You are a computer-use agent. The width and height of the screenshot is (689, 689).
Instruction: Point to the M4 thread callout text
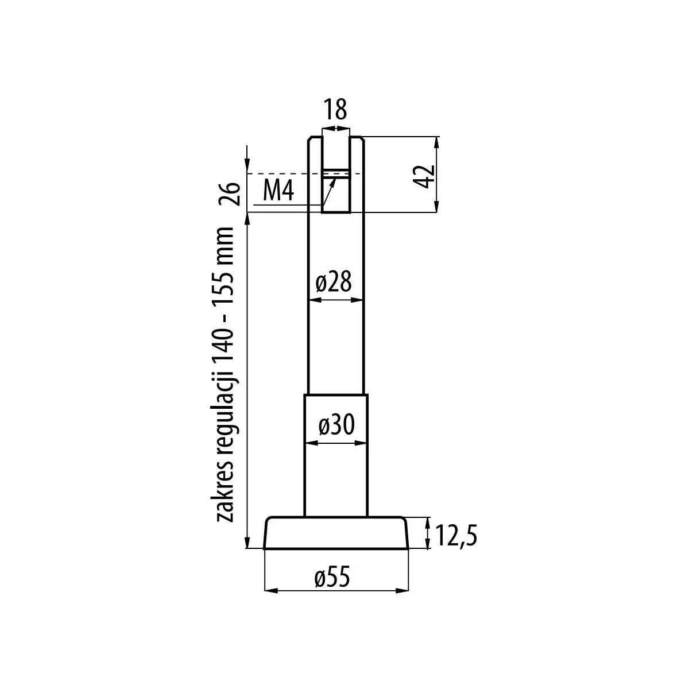278,190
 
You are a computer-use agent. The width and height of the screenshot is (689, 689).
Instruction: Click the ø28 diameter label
334,281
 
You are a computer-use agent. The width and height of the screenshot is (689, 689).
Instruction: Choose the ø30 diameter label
336,424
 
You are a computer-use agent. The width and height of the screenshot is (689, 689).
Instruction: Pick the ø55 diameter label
332,577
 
